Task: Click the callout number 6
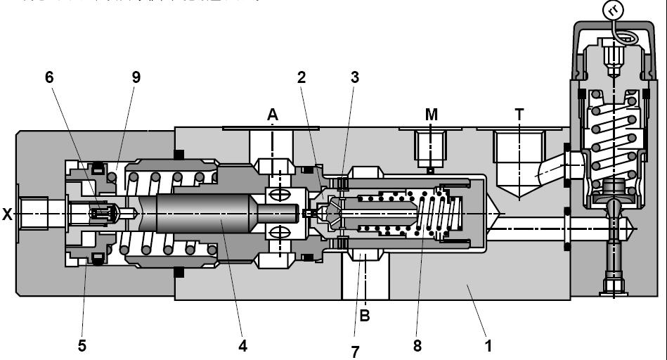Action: click(49, 77)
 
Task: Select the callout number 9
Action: click(136, 77)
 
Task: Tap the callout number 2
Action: click(302, 77)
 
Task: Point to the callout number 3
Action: click(355, 77)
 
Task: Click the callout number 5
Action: click(82, 345)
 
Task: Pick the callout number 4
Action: click(242, 345)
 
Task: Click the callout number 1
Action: click(488, 345)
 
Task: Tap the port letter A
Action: click(272, 115)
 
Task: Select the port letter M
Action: click(431, 115)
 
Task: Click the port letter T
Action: click(519, 115)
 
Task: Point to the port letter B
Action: click(365, 316)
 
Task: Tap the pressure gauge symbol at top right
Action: click(614, 10)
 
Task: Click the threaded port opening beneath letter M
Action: click(429, 148)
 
